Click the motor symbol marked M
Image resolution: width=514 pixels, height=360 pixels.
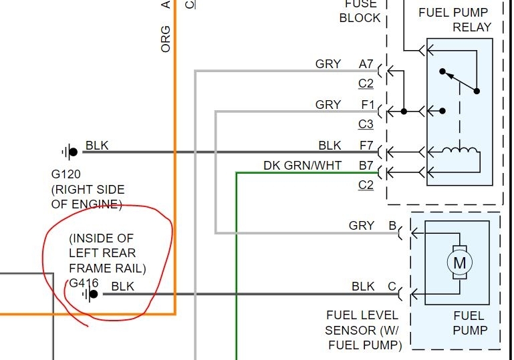click(x=459, y=262)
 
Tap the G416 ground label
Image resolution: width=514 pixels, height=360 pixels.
click(x=83, y=283)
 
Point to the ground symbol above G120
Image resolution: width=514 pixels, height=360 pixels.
click(x=69, y=152)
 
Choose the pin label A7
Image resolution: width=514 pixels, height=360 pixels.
click(x=366, y=64)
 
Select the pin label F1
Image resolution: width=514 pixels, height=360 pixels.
click(x=368, y=105)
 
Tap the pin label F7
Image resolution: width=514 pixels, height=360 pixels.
click(x=366, y=145)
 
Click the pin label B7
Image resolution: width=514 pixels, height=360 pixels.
click(x=366, y=166)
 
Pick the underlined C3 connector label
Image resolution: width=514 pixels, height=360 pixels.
click(x=366, y=124)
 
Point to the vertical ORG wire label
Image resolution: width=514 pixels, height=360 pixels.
click(x=166, y=39)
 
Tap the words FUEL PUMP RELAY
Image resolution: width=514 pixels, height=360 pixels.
click(x=454, y=19)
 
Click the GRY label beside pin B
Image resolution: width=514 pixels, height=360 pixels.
click(x=362, y=226)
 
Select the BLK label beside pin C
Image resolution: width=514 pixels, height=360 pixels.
click(x=363, y=287)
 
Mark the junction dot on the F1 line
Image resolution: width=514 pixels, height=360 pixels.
click(x=404, y=111)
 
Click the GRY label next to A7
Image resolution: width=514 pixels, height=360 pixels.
click(x=328, y=64)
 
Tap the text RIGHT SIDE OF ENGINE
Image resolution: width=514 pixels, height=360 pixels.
click(x=88, y=196)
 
